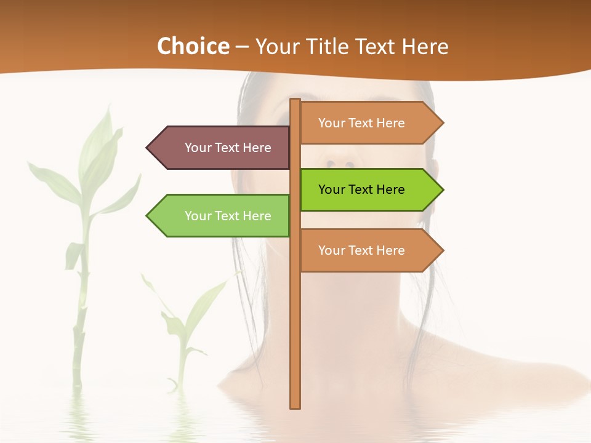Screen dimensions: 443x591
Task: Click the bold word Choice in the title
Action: (193, 47)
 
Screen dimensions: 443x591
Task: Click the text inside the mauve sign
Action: (228, 148)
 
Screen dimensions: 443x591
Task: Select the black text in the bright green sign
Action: (361, 190)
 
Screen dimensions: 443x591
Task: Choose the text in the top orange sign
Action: (361, 123)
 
